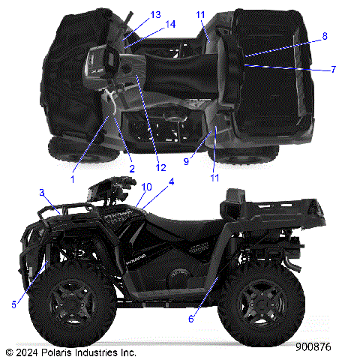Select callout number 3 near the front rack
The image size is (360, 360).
42,193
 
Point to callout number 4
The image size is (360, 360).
171,182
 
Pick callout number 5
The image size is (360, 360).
14,304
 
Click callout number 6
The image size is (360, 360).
190,319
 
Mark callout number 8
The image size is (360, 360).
325,36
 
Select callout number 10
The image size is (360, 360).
146,187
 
